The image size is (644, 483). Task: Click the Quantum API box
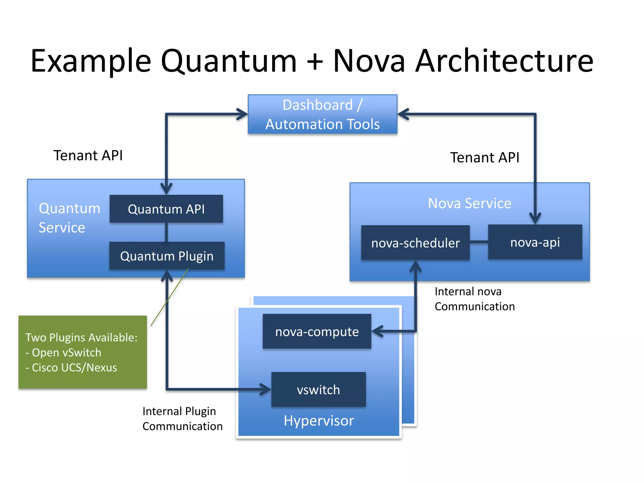(166, 209)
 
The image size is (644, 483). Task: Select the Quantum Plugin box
(167, 256)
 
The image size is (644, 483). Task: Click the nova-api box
(535, 242)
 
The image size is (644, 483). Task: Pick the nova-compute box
(317, 331)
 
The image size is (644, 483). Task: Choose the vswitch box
(318, 390)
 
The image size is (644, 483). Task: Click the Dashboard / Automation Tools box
(322, 114)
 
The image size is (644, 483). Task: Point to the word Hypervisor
(319, 421)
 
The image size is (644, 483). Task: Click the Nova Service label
(469, 203)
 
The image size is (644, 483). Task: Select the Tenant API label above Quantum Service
(88, 155)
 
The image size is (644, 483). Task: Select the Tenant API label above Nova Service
(485, 158)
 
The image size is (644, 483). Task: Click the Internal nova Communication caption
(474, 299)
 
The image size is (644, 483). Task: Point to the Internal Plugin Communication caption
(182, 419)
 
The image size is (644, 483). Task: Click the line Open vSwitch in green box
(66, 353)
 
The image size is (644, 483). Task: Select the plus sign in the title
(315, 62)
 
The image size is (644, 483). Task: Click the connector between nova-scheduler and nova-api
(479, 242)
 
